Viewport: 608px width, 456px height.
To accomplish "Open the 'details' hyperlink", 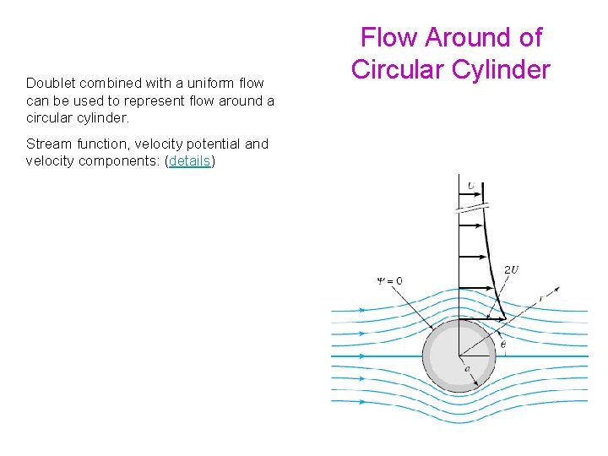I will click(190, 160).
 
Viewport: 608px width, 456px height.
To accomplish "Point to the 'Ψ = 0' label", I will click(389, 280).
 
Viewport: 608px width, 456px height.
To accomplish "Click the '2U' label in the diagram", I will click(512, 270).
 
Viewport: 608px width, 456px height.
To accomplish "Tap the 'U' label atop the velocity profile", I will click(470, 185).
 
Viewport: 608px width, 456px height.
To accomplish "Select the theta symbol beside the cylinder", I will click(503, 344).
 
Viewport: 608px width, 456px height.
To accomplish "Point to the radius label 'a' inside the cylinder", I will click(467, 368).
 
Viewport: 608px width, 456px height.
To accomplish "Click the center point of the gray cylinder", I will click(459, 356).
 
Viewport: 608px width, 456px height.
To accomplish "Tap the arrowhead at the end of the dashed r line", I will click(561, 283).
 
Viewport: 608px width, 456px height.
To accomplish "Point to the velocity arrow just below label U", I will click(468, 196).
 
